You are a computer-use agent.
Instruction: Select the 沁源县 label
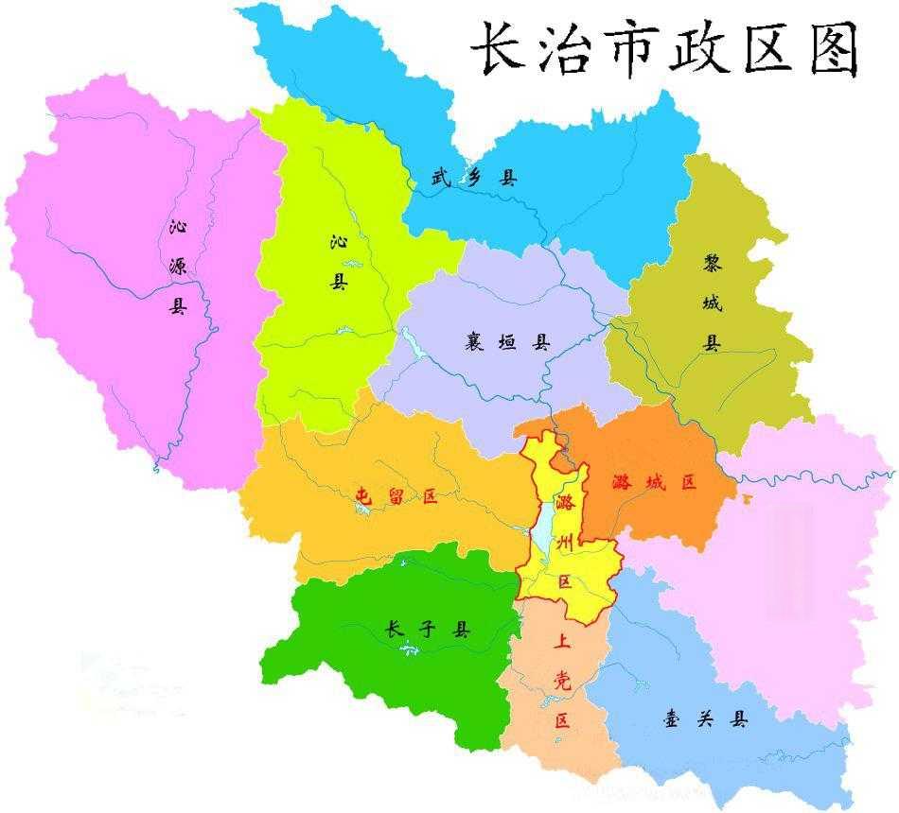click(x=178, y=266)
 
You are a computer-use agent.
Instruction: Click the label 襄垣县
click(x=507, y=342)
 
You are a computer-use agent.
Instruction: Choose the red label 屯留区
click(x=397, y=495)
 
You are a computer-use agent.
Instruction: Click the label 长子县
click(x=428, y=630)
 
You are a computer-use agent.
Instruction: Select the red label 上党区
click(x=562, y=679)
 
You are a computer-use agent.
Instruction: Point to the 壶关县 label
click(x=705, y=719)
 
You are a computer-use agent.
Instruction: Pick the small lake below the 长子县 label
click(x=409, y=649)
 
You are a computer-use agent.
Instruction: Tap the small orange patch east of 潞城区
click(x=748, y=497)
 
